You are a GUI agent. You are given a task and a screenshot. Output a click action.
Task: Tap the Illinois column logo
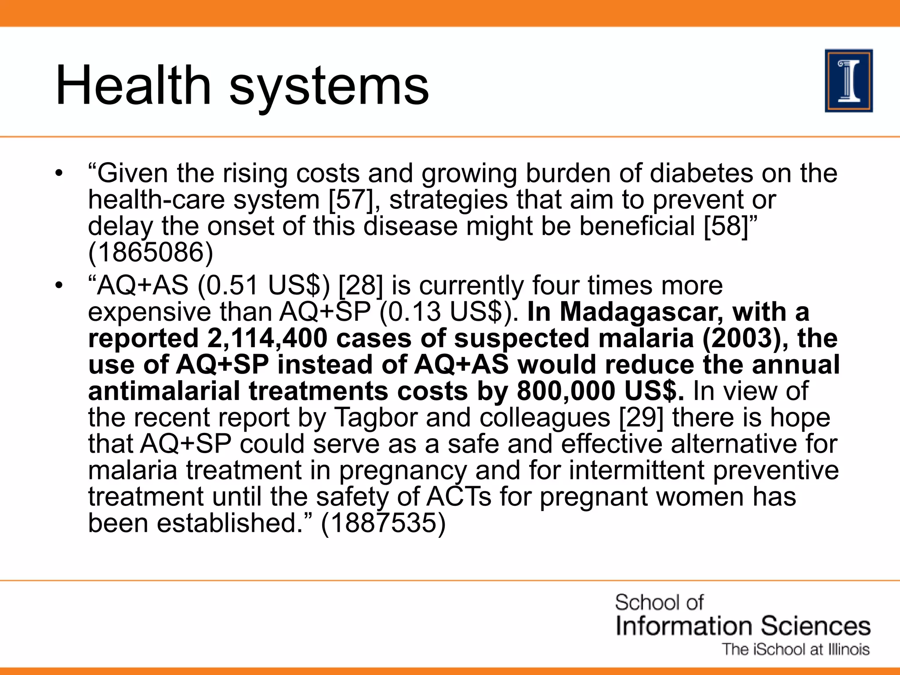[x=849, y=81]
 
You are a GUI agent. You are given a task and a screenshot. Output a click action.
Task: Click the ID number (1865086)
[x=151, y=253]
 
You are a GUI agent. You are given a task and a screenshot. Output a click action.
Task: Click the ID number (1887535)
[x=383, y=523]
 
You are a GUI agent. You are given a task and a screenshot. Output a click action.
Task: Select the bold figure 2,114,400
[x=267, y=338]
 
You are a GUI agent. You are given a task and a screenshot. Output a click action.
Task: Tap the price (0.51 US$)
[x=263, y=286]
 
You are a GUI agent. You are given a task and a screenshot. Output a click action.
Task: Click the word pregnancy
[x=403, y=471]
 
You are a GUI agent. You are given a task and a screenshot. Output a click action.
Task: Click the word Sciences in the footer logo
[x=816, y=626]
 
